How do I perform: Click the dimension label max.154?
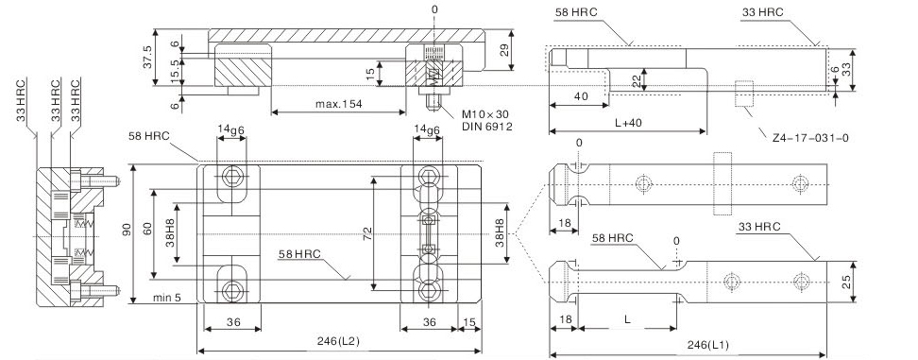(x=339, y=104)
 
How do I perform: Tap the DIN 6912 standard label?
(x=487, y=126)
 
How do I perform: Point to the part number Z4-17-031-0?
(x=810, y=138)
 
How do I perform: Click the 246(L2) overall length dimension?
(x=339, y=341)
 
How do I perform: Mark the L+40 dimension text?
(x=628, y=123)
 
